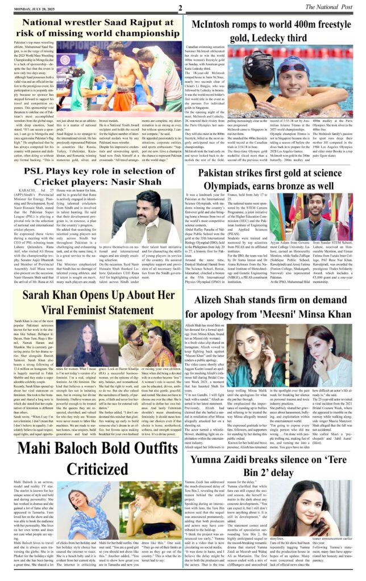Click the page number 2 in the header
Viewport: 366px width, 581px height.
coord(180,7)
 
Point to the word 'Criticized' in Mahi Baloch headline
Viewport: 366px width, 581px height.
coord(91,469)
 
